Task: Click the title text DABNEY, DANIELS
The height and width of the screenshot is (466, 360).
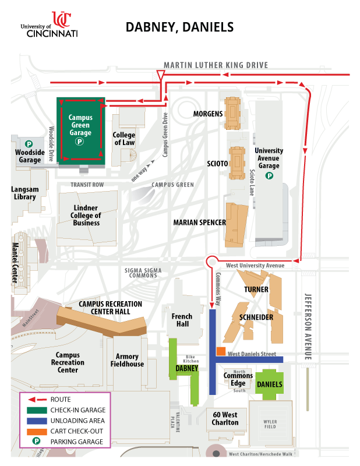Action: point(179,27)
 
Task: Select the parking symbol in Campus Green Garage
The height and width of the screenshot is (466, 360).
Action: point(80,141)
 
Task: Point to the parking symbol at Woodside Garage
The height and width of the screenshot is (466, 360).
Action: point(29,143)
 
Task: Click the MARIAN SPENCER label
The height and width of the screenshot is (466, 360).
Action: point(199,222)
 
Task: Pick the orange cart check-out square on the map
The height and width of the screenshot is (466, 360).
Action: point(221,351)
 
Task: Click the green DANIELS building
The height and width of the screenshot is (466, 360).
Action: point(269,384)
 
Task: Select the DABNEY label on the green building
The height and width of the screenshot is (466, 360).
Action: point(187,368)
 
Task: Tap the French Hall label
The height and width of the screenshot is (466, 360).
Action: point(181,320)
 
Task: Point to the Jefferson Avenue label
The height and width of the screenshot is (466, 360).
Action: point(308,319)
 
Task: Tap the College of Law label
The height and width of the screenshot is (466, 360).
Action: point(124,139)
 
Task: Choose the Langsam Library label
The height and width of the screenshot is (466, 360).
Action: point(24,193)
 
